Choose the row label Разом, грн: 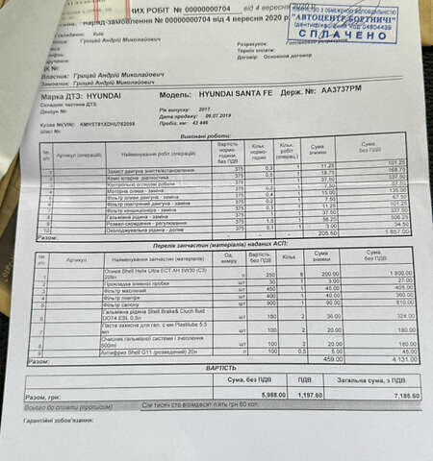point(47,397)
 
